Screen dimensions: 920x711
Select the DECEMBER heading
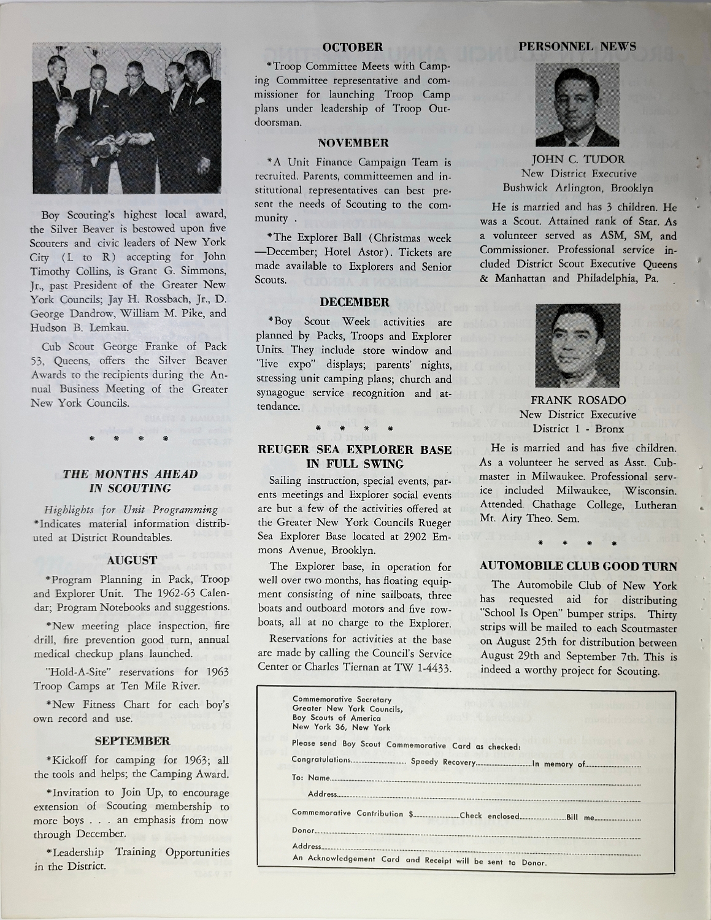[x=353, y=302]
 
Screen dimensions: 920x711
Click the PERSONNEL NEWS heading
[x=577, y=46]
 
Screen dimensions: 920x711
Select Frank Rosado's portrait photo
[x=577, y=342]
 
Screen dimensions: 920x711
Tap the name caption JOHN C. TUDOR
[x=578, y=160]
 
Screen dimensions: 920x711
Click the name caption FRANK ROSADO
[x=577, y=400]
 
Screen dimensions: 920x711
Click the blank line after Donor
[x=478, y=832]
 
